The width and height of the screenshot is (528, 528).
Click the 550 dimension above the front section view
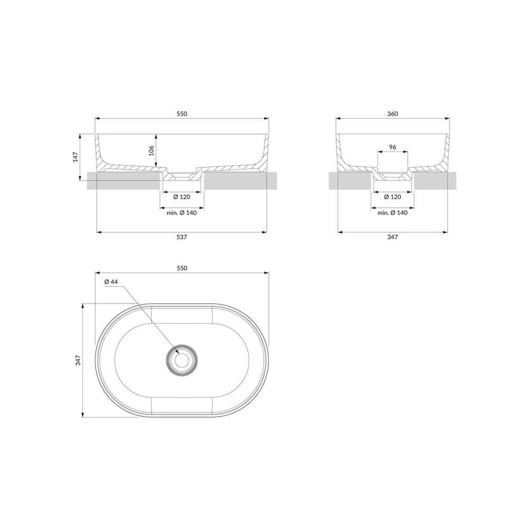tap(182, 114)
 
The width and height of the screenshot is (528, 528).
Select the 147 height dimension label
tap(76, 157)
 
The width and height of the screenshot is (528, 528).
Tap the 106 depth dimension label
tap(151, 150)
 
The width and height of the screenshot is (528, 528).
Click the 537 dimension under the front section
tap(182, 237)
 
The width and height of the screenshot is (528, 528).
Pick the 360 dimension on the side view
tap(393, 114)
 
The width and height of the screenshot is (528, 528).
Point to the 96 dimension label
tap(393, 147)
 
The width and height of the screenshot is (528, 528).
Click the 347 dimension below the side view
tap(393, 237)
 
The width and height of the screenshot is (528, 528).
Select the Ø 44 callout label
tap(111, 282)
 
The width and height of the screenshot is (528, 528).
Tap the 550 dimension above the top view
tap(182, 268)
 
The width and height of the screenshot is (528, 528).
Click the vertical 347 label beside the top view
tap(78, 360)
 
